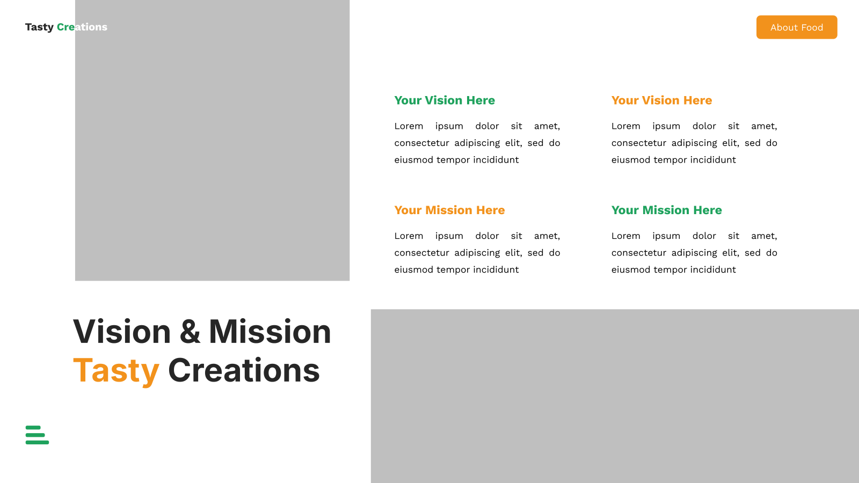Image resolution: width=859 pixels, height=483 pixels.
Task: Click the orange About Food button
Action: point(797,27)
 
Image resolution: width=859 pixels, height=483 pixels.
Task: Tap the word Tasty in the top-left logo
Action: point(40,27)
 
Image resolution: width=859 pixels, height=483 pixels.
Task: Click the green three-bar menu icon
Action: point(37,435)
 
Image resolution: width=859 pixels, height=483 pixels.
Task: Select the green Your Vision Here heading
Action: point(445,100)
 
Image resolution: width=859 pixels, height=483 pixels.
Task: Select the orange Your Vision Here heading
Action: point(661,100)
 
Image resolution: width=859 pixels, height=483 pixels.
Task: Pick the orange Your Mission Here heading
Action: point(449,210)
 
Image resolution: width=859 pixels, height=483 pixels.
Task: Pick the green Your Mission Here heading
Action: point(666,210)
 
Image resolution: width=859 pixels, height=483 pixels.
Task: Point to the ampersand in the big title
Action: point(190,331)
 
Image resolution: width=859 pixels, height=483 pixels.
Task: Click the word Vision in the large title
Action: point(122,331)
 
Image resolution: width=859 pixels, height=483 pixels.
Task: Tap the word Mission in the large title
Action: point(270,331)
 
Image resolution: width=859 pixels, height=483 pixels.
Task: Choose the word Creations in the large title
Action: point(244,370)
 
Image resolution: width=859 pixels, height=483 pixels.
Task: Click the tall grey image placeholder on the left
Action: point(212,140)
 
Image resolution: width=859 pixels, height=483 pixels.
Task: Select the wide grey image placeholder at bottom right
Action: point(615,396)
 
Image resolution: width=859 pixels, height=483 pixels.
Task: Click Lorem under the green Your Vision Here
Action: point(409,126)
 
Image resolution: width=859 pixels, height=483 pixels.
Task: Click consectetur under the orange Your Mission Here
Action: point(421,253)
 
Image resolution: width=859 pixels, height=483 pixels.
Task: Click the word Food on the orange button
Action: point(812,27)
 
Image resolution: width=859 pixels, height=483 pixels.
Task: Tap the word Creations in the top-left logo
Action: point(82,27)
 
